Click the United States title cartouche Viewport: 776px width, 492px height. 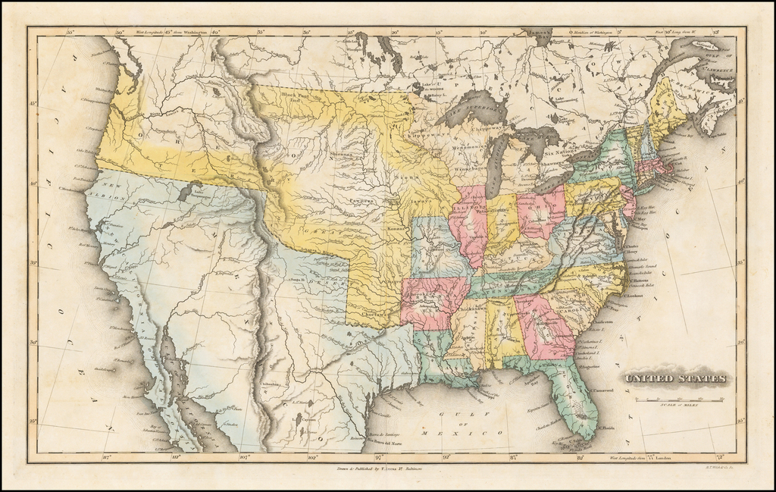click(674, 378)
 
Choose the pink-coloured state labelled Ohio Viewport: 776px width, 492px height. click(541, 214)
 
